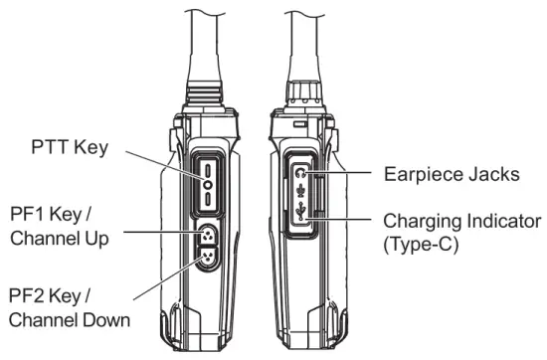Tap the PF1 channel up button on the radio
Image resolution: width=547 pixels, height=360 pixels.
point(206,236)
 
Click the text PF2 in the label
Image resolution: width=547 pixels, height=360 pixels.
point(31,296)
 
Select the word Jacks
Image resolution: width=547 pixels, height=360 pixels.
point(494,175)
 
